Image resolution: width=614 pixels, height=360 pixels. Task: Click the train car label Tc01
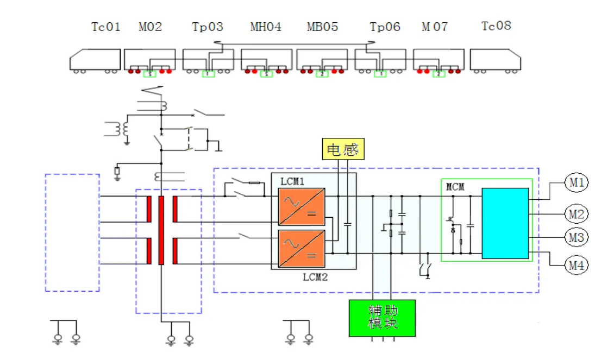(105, 27)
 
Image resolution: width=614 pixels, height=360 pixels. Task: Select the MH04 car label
(266, 27)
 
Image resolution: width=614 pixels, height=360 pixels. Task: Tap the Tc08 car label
(496, 26)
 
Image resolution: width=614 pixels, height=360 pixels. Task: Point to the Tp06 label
(385, 27)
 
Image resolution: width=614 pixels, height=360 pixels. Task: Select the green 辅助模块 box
(382, 317)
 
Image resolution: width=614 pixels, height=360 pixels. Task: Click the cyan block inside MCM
(505, 223)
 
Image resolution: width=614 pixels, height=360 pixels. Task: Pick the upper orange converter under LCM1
(302, 206)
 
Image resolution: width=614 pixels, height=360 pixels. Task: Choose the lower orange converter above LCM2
(302, 249)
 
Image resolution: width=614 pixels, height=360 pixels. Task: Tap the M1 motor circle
(577, 183)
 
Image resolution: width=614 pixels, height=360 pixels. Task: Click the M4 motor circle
(577, 266)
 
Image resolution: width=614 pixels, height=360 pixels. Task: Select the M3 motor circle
(577, 238)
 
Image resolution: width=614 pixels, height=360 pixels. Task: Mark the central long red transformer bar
(161, 230)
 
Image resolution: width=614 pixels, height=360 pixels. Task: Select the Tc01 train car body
(95, 59)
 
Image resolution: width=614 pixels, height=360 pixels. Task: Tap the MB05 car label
(322, 27)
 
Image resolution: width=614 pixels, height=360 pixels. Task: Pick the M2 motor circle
(577, 214)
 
